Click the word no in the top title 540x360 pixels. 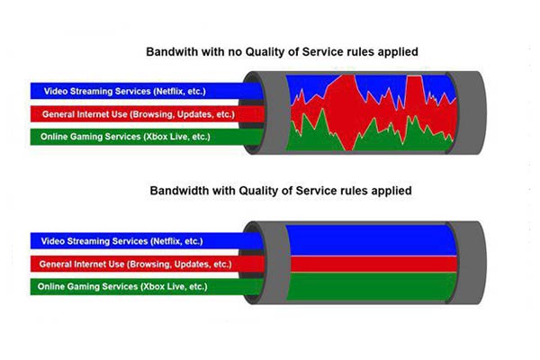tap(235, 52)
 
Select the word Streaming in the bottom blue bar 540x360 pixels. tap(84, 241)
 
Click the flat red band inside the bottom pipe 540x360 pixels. tap(374, 264)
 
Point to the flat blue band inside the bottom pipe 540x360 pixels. tap(372, 240)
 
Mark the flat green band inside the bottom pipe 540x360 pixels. tap(372, 286)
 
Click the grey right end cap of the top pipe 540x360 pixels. tap(466, 112)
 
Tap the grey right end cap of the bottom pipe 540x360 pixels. tap(466, 263)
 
